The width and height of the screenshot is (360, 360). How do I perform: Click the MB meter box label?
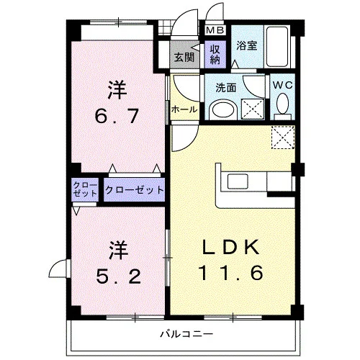pos(215,30)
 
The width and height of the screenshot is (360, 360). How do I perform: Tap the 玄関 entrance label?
pos(184,58)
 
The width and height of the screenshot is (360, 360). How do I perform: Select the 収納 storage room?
pos(215,54)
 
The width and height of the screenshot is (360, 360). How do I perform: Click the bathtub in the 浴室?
pos(277,47)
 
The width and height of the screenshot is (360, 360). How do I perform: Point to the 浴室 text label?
pos(247,45)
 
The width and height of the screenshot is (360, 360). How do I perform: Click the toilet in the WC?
pos(282,106)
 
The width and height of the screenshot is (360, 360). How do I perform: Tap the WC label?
pos(283,85)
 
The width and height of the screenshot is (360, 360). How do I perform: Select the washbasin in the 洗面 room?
pos(223,110)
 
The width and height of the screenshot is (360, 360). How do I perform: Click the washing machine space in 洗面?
pos(253,109)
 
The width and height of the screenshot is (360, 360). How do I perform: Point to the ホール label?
pos(184,109)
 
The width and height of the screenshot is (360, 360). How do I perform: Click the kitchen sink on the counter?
pos(238,181)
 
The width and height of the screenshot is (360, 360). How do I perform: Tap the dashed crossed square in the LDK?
pos(283,138)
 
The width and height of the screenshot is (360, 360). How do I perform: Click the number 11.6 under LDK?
pos(231,273)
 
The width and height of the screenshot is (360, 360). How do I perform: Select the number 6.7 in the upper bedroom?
pos(117,116)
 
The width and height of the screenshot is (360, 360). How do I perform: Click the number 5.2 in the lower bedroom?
pos(118,276)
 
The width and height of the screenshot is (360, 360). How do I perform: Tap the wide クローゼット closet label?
pos(135,190)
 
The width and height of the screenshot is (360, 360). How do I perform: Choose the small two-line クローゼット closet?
pos(85,189)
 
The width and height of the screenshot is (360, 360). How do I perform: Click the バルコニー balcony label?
pos(186,334)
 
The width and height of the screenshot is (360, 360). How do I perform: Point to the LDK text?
pos(231,247)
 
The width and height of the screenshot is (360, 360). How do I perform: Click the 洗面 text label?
pos(226,88)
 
